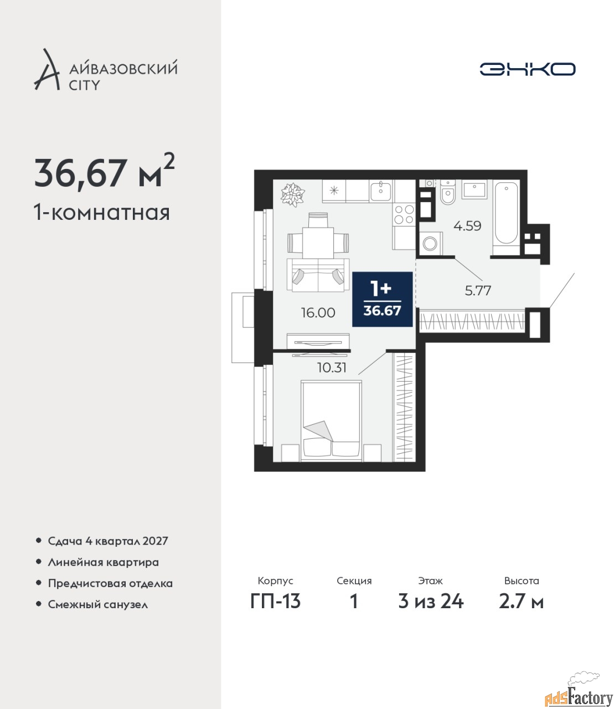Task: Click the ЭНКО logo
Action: coord(527,69)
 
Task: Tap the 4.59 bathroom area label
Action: coord(467,226)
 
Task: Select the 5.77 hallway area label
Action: coord(478,291)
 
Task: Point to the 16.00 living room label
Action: coord(318,312)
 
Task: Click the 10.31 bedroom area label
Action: coord(332,368)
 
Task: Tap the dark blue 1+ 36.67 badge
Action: coord(382,299)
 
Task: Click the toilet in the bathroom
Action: coord(447,192)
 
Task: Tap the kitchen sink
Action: coord(380,192)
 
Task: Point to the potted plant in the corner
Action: coord(292,194)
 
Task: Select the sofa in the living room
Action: coord(318,275)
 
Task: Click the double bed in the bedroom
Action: coord(331,421)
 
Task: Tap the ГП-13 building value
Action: coord(275,602)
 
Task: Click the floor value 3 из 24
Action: coord(431,602)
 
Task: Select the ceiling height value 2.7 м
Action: coord(521,602)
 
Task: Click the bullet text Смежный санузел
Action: coord(98,604)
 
